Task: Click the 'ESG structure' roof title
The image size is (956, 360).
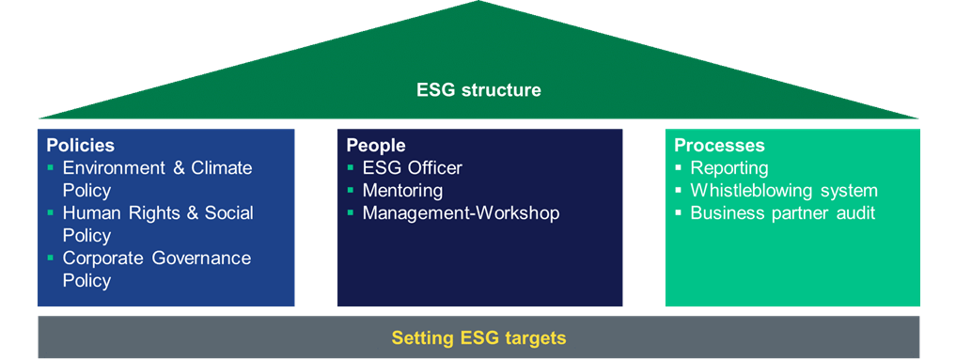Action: [x=478, y=90]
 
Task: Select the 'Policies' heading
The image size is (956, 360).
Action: [x=81, y=146]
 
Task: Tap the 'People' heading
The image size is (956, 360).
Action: [x=376, y=147]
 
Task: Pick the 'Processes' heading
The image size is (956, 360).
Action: [x=719, y=146]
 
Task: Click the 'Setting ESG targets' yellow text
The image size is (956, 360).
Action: [x=478, y=337]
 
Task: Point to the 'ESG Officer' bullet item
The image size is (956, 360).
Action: [x=412, y=167]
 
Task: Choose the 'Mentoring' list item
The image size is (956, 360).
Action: [x=402, y=191]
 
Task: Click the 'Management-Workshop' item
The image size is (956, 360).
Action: [x=461, y=213]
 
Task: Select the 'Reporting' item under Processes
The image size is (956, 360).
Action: [x=729, y=168]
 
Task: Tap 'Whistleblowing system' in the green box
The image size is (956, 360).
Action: [x=783, y=191]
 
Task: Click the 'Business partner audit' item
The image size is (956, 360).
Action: [x=782, y=213]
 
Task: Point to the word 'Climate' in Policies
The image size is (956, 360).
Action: [x=221, y=167]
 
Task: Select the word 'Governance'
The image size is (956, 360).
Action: [x=202, y=258]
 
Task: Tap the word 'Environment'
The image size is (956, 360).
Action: [x=116, y=167]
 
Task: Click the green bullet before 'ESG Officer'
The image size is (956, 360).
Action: [x=351, y=166]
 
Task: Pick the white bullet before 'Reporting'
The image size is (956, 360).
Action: [x=678, y=166]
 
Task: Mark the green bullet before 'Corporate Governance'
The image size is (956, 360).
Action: [x=50, y=257]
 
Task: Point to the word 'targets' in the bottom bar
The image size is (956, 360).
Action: [x=536, y=338]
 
